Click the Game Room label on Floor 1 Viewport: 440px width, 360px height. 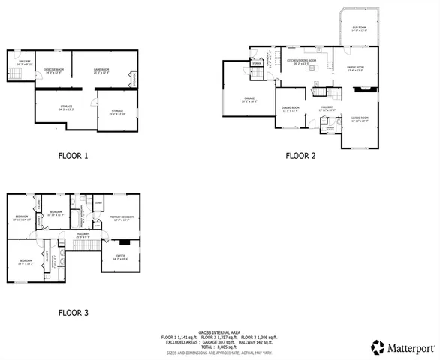[101, 70]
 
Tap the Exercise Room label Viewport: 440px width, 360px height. [53, 70]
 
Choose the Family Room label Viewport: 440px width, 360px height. [355, 69]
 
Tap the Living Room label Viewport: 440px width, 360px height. [360, 119]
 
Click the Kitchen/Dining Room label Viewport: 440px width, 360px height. [301, 61]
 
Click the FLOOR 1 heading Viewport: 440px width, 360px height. [74, 157]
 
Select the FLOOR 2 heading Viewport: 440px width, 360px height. [300, 157]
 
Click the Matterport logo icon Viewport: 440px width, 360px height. [377, 347]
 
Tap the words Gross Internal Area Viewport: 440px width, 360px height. [218, 331]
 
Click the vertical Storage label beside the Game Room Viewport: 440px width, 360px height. [133, 77]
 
